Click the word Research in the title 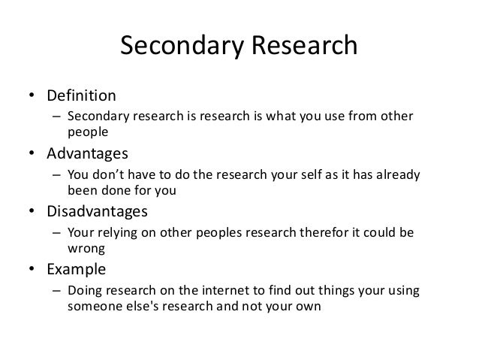(x=303, y=49)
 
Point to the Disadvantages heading (x=98, y=210)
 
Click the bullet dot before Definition (x=34, y=97)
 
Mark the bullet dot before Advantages (x=34, y=154)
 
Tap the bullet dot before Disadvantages (x=34, y=211)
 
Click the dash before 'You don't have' (x=56, y=175)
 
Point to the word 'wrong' (x=84, y=247)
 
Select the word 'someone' (x=95, y=305)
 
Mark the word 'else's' (x=146, y=305)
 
